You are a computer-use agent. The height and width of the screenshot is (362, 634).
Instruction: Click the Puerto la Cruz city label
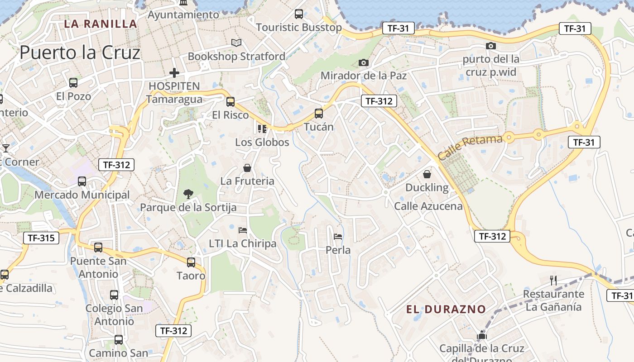point(80,53)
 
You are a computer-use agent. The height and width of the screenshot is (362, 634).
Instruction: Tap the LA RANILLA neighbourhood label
point(100,24)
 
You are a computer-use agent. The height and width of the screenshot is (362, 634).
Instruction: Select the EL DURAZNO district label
point(446,310)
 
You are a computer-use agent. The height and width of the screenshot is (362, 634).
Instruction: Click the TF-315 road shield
point(41,238)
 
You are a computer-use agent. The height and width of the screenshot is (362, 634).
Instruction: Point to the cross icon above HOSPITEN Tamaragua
point(174,72)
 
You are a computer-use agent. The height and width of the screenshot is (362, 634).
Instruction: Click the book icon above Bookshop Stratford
point(236,43)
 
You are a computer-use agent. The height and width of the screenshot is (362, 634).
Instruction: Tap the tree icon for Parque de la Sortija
point(188,194)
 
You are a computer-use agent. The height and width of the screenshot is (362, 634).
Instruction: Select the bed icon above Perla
point(338,236)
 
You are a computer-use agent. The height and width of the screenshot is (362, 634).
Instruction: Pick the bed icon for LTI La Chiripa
point(243,230)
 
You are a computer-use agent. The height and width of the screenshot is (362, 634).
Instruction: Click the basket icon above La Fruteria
point(247,168)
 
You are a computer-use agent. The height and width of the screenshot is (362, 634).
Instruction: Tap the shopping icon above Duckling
point(427,174)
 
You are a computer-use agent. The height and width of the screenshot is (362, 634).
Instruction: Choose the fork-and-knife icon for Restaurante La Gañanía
point(553,280)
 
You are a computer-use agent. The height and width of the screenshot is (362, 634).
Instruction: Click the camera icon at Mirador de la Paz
point(363,62)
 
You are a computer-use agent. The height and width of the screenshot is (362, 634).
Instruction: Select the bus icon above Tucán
point(319,114)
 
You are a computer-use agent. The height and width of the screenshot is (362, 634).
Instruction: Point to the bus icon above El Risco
point(231,102)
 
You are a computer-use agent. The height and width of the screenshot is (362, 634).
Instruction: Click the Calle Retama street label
point(470,147)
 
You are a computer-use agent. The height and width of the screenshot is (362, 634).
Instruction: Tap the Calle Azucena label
point(428,206)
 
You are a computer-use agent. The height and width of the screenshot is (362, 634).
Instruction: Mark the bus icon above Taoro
point(191,262)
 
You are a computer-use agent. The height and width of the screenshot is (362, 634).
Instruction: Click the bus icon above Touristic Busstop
point(299,14)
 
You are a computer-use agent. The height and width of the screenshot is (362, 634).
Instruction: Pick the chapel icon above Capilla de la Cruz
point(481,335)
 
